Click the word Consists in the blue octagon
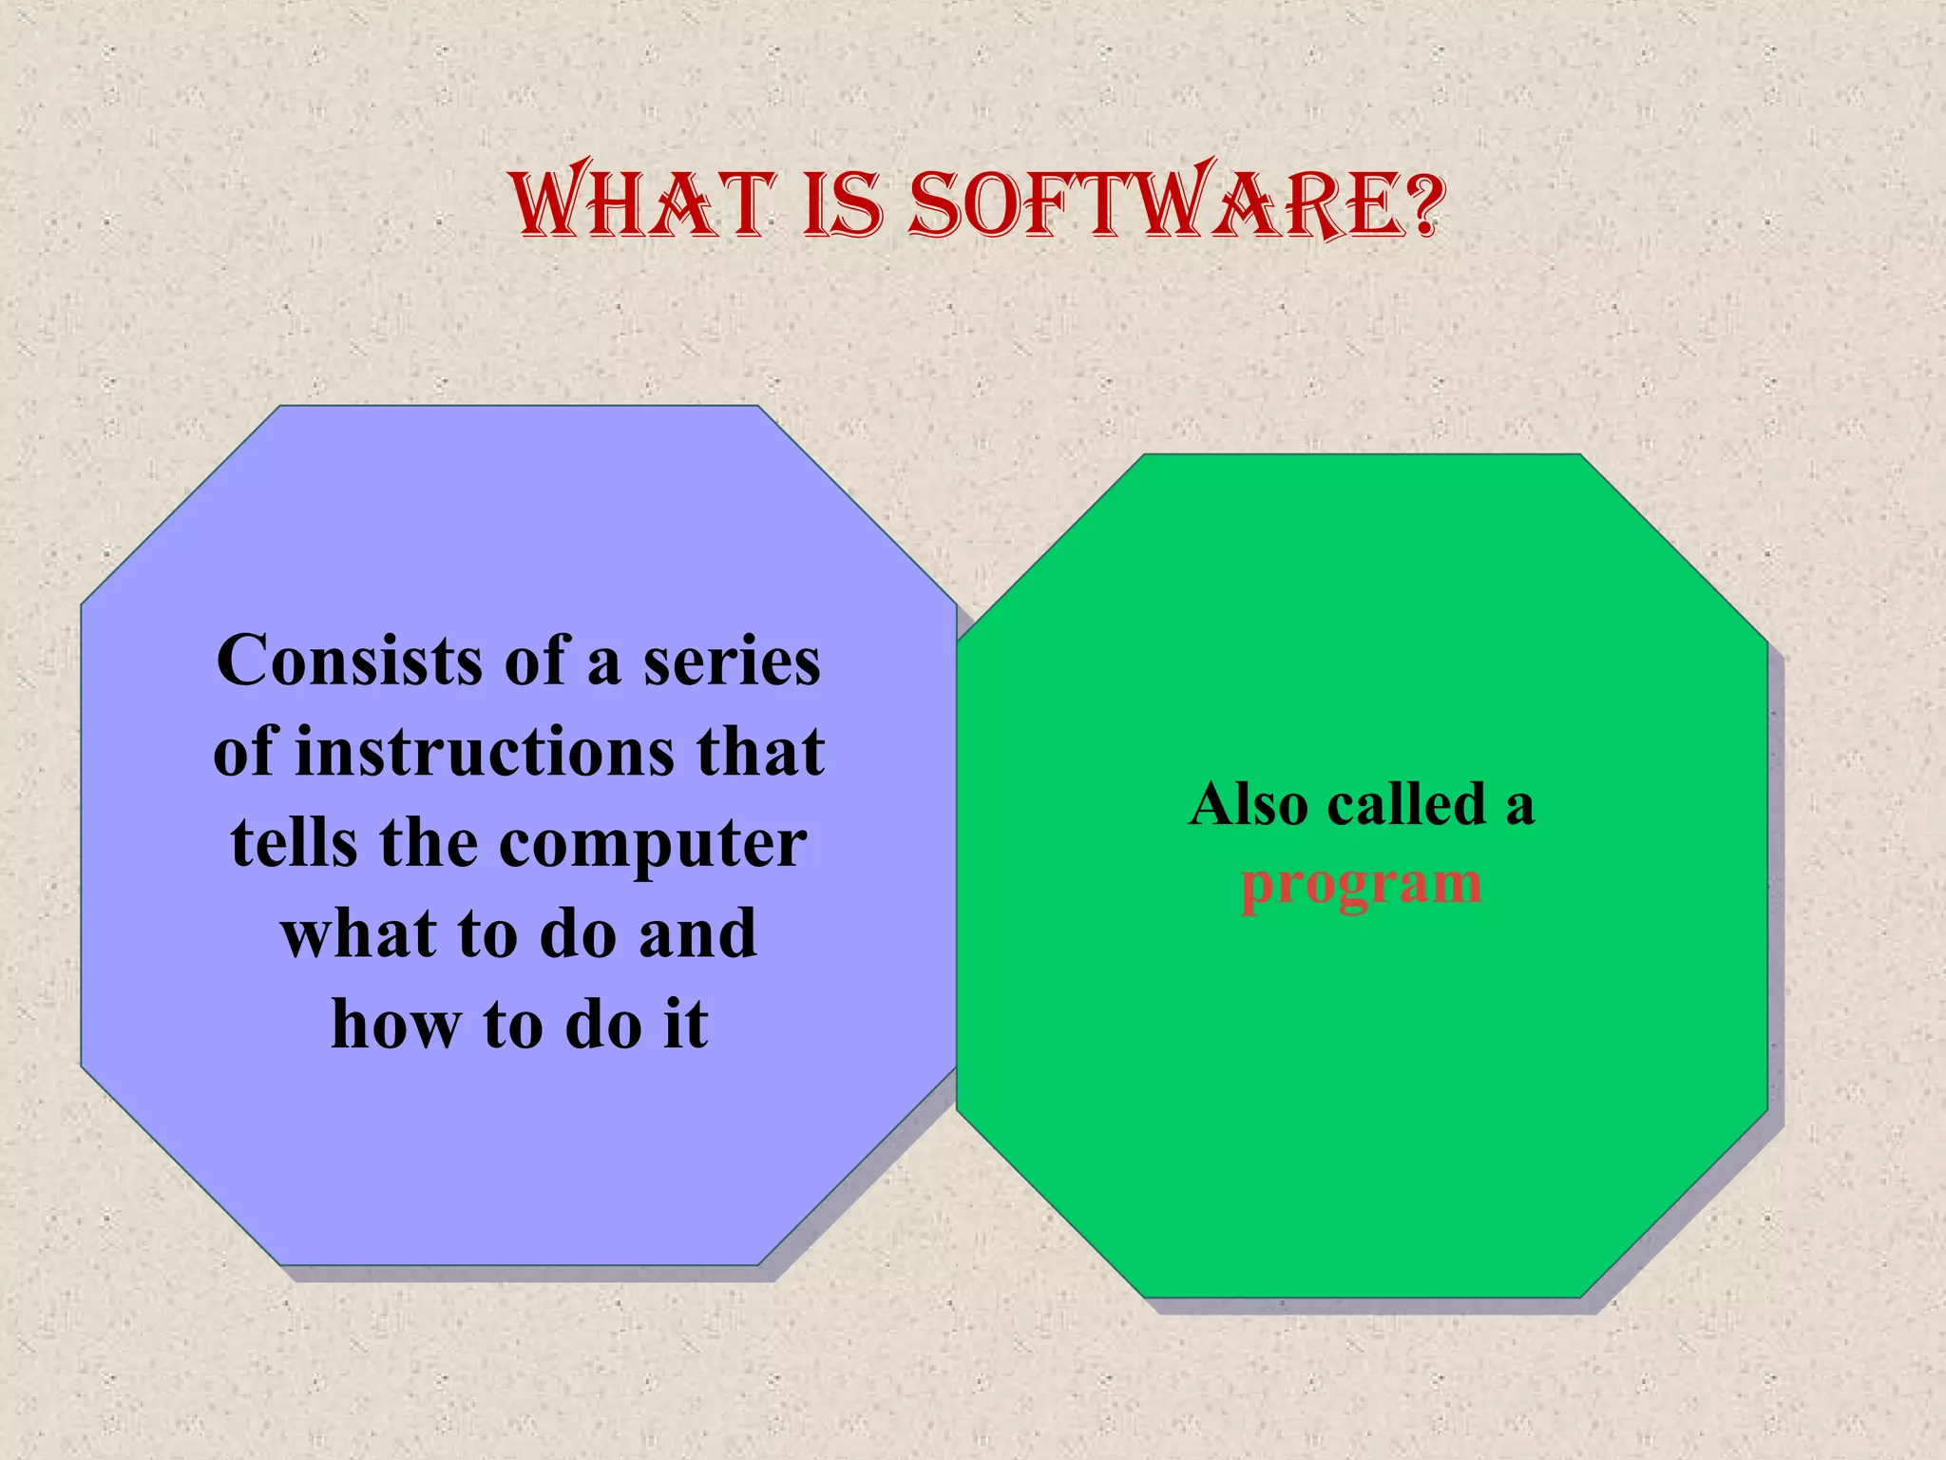pos(350,661)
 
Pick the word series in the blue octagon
pos(732,661)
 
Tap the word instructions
pos(485,752)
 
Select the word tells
pos(294,843)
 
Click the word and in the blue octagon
pos(697,934)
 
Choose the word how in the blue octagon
pos(395,1026)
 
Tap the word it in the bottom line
pos(685,1026)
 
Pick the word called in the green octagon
pos(1406,805)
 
